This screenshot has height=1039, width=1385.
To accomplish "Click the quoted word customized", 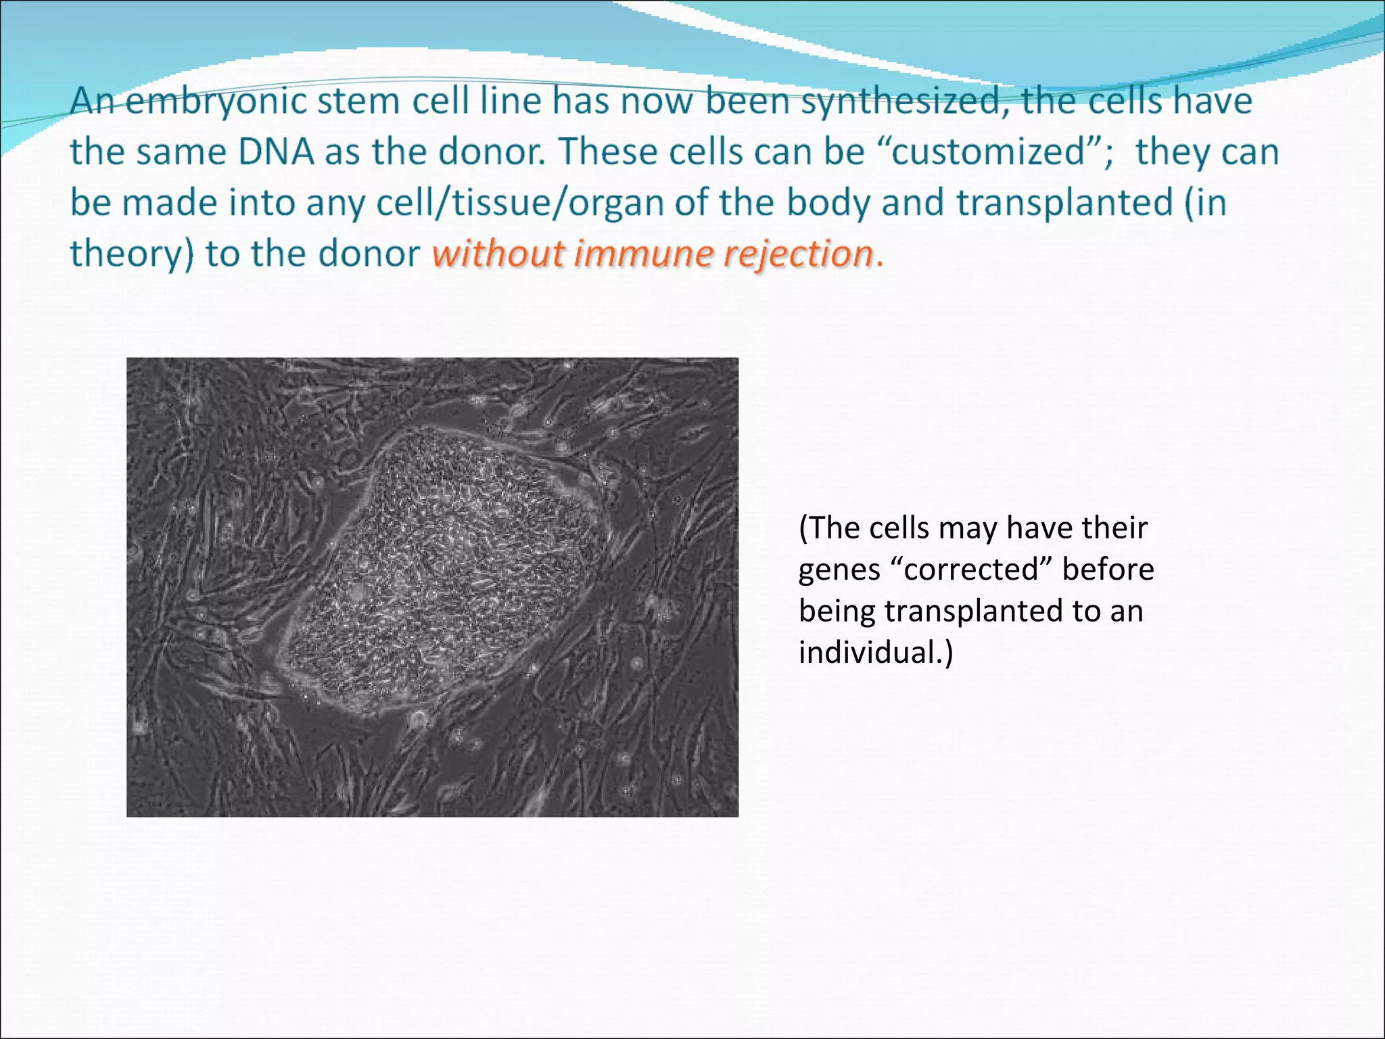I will point(988,152).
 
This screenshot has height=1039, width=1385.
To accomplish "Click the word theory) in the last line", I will point(132,254).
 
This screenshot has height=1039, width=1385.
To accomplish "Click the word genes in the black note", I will point(839,570).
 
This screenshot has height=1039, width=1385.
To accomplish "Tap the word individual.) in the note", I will point(876,652).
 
